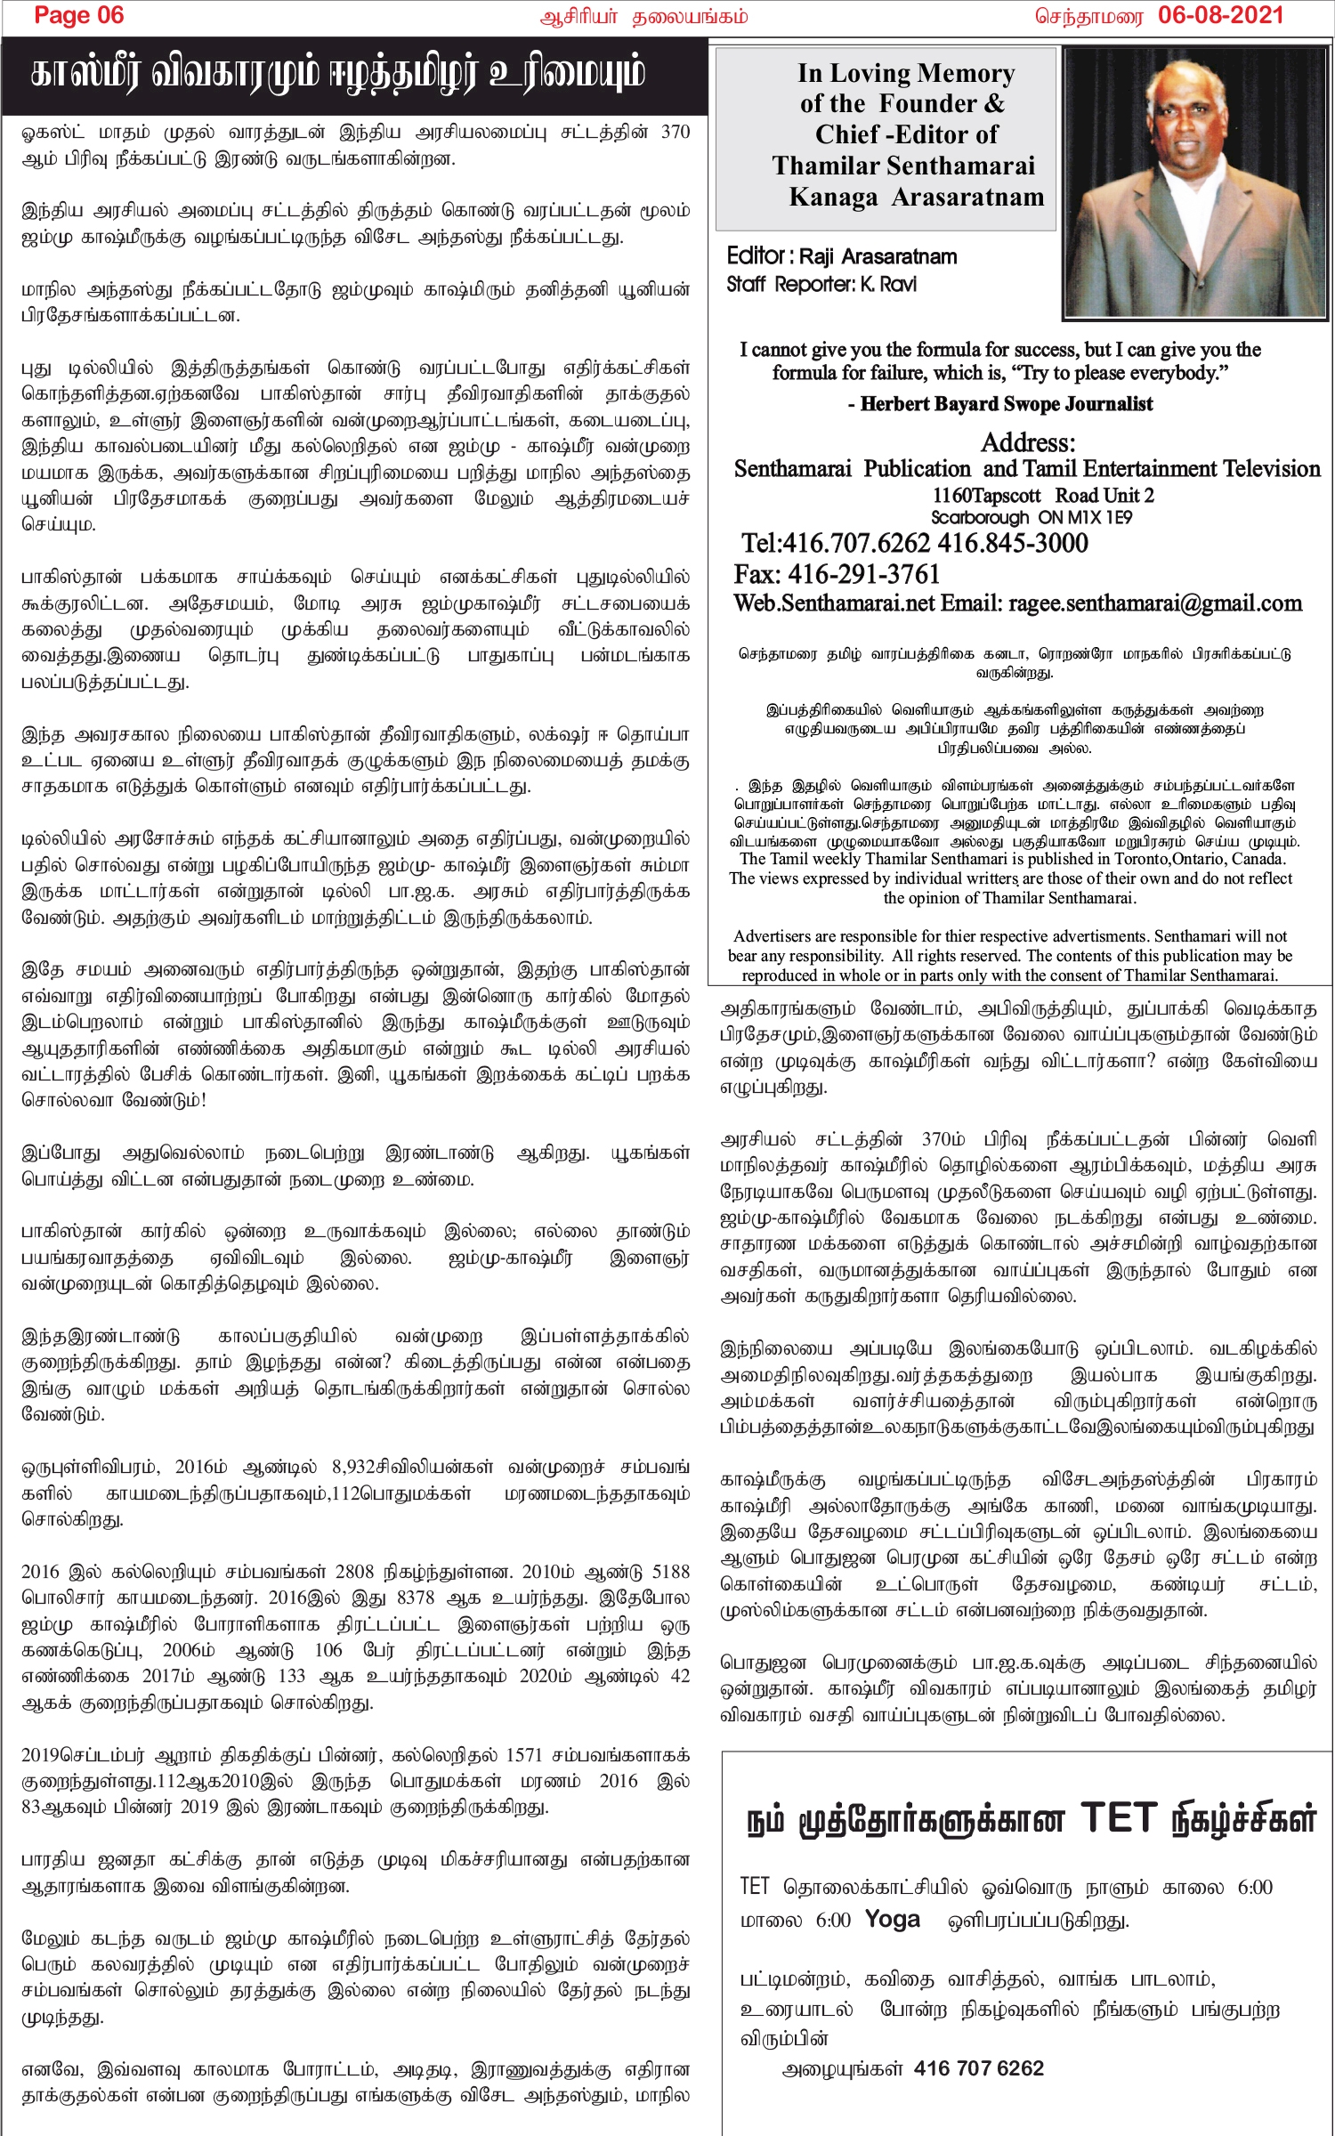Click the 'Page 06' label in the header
point(78,15)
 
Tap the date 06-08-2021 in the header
point(1220,15)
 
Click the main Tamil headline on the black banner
point(337,75)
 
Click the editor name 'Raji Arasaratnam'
point(878,257)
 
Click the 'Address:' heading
point(1028,442)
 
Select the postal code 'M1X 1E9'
point(1098,517)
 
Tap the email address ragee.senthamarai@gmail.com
point(1154,603)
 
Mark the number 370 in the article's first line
point(675,132)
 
